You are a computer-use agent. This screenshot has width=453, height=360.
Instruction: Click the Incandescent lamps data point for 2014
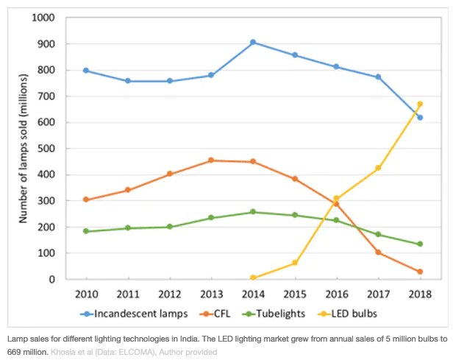click(x=253, y=42)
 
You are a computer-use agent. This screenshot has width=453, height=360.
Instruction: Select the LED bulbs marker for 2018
click(x=420, y=104)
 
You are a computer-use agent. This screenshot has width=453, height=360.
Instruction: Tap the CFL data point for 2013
click(x=211, y=160)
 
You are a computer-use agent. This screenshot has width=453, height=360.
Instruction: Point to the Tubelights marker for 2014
click(x=253, y=212)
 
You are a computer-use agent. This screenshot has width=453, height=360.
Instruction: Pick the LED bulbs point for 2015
click(x=295, y=262)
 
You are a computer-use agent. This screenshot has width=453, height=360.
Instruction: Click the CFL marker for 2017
click(x=378, y=252)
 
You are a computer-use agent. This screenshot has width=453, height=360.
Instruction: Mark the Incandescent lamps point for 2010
click(x=87, y=70)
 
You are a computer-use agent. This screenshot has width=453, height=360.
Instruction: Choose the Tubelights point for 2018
click(x=420, y=244)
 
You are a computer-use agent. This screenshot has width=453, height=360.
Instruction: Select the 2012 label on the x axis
click(x=170, y=296)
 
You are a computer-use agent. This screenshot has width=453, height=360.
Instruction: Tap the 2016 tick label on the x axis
click(x=336, y=296)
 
